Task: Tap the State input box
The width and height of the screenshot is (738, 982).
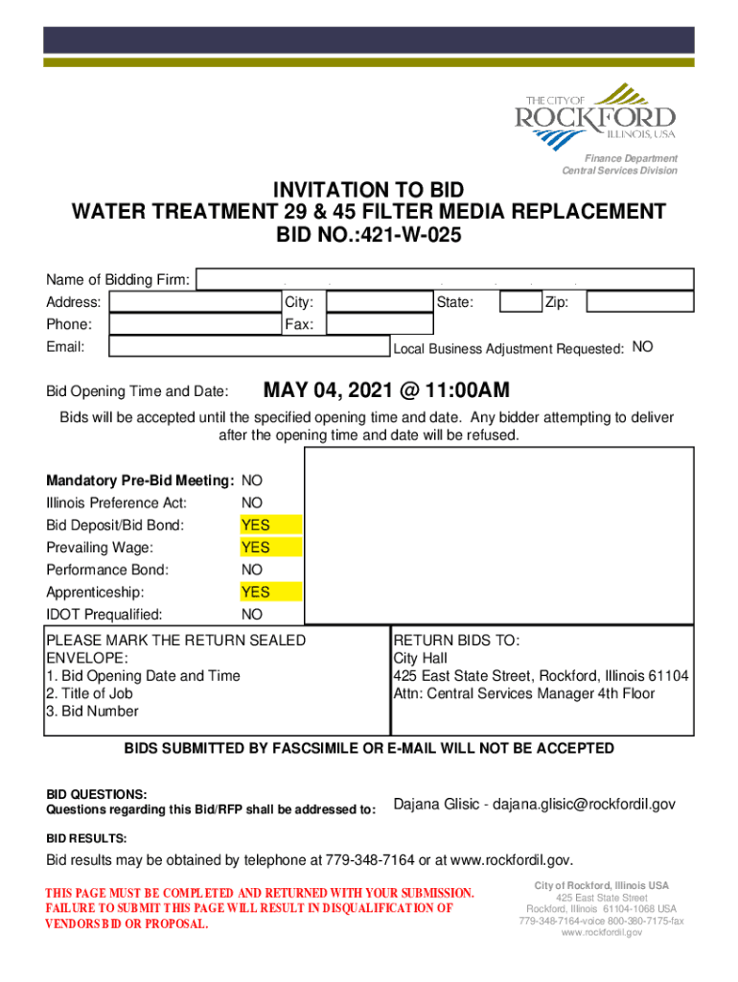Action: click(x=520, y=303)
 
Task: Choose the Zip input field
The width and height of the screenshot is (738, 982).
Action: click(x=639, y=303)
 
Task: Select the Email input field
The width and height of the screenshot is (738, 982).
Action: click(x=247, y=347)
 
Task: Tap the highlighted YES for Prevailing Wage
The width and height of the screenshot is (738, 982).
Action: click(x=256, y=548)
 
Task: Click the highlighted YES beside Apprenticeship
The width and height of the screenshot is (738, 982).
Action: click(x=256, y=592)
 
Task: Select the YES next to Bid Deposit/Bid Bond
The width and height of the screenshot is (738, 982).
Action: click(x=256, y=526)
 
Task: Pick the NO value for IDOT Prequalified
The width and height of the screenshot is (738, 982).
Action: click(x=252, y=615)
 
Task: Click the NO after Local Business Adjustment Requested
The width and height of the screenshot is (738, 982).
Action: click(x=643, y=347)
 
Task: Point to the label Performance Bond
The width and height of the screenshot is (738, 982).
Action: click(x=107, y=571)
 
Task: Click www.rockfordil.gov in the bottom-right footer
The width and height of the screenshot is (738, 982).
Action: click(x=601, y=932)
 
